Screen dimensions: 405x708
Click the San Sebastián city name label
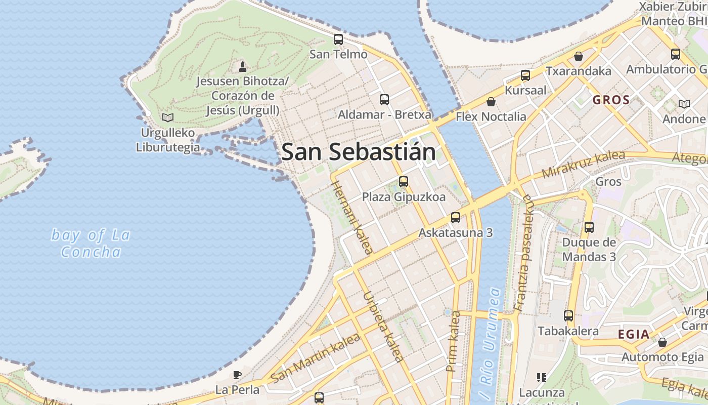(x=358, y=152)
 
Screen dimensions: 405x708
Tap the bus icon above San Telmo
(x=338, y=39)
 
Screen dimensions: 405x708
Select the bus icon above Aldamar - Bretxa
(x=384, y=99)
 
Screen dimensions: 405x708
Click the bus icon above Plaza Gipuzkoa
(x=403, y=181)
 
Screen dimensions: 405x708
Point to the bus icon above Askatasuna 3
(x=456, y=218)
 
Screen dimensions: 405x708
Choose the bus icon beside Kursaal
(x=525, y=75)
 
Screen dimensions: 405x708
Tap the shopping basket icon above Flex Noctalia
(x=491, y=102)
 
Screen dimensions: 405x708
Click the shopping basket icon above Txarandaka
(x=578, y=56)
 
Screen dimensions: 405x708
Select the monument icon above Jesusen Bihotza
(x=243, y=66)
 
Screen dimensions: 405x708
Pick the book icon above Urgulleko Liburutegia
(x=168, y=117)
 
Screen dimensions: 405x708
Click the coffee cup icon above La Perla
(x=237, y=375)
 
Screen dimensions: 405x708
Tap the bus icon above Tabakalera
(x=568, y=316)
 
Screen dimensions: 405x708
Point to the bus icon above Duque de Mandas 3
(x=589, y=227)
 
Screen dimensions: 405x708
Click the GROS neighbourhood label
(x=611, y=100)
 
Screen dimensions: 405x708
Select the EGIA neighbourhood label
(x=634, y=334)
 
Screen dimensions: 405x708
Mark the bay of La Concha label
(x=91, y=243)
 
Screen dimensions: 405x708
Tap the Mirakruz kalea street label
(x=583, y=164)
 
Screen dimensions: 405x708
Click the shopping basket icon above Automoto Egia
(x=662, y=342)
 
